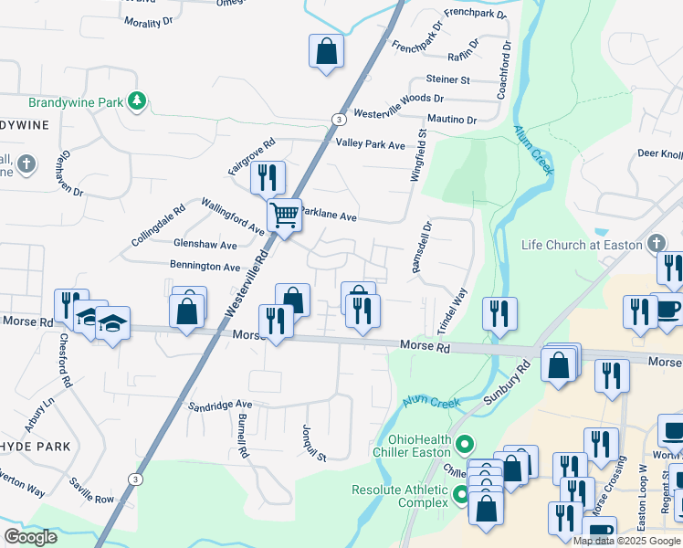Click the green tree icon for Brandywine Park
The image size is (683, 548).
click(137, 100)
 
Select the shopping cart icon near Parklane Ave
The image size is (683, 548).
click(285, 216)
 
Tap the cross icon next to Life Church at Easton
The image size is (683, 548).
click(655, 244)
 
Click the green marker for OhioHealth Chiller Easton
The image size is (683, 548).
click(465, 445)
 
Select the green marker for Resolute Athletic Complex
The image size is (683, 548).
click(462, 497)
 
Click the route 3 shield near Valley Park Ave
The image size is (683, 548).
click(339, 120)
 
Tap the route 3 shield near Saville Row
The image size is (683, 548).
click(135, 479)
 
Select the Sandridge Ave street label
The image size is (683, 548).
click(219, 405)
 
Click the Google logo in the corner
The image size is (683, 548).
click(30, 537)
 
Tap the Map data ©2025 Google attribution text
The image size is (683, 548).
click(626, 541)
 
